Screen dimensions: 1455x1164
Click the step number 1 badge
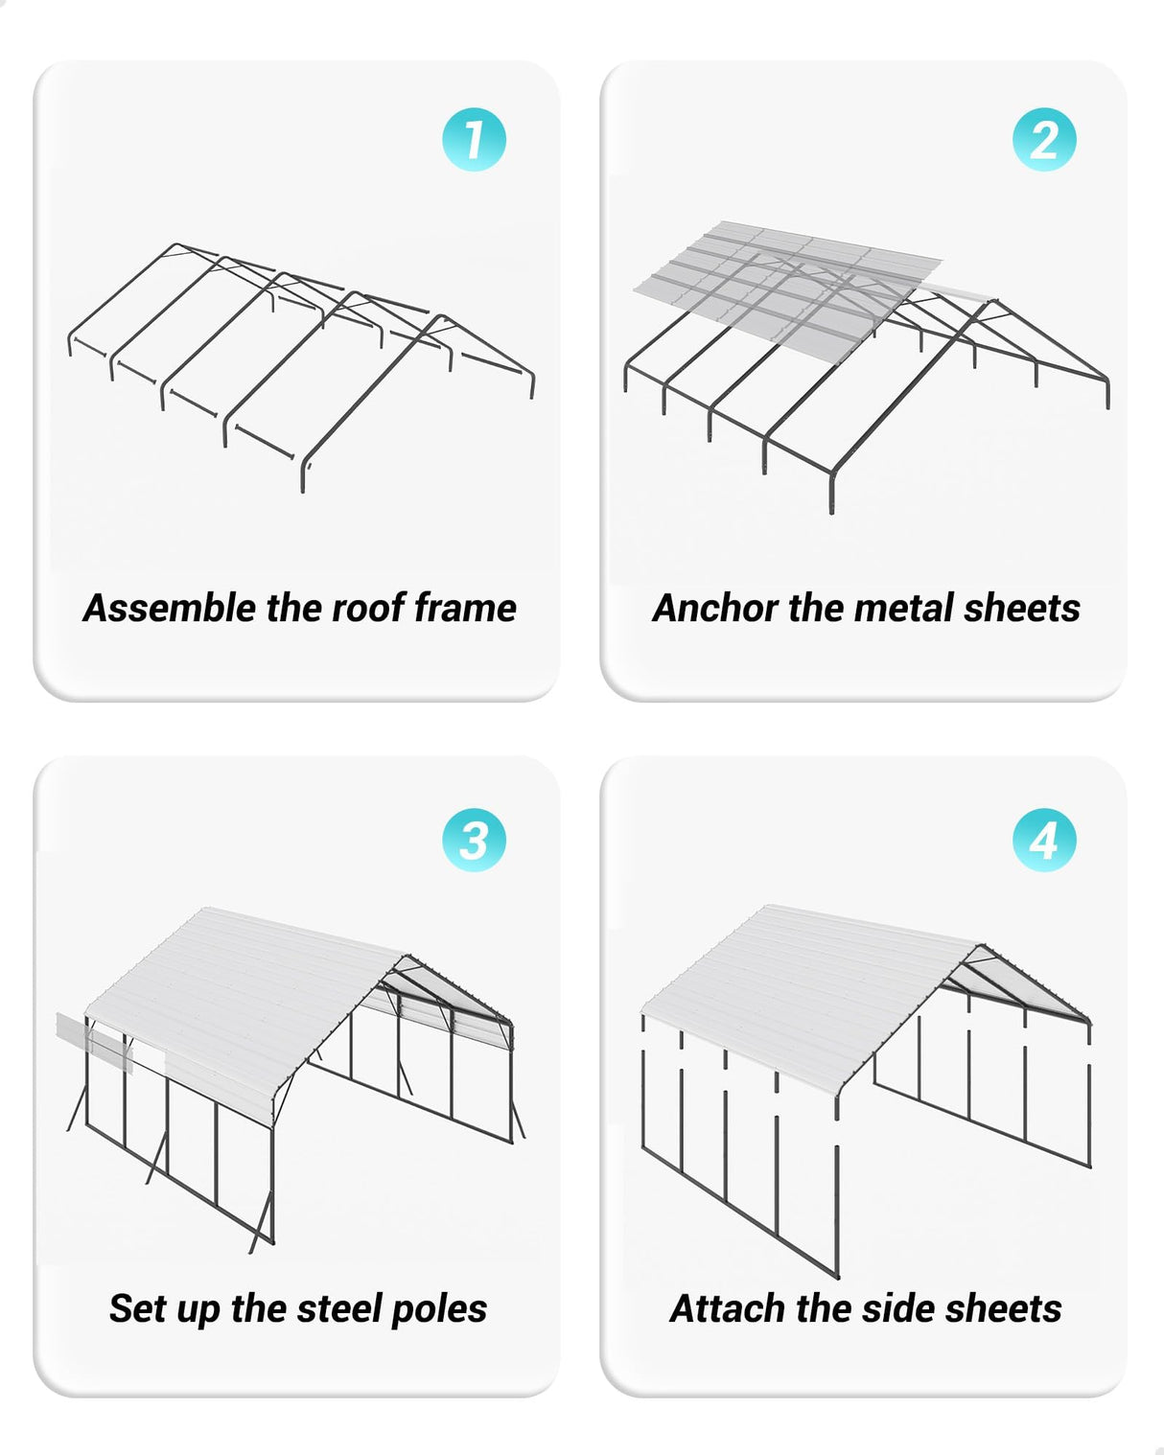click(474, 140)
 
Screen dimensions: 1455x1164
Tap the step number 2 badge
click(1043, 140)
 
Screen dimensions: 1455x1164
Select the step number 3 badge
click(474, 841)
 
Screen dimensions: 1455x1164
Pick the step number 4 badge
click(1043, 841)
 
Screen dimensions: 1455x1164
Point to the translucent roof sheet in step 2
click(786, 283)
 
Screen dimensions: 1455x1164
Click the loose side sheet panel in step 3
click(94, 1043)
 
